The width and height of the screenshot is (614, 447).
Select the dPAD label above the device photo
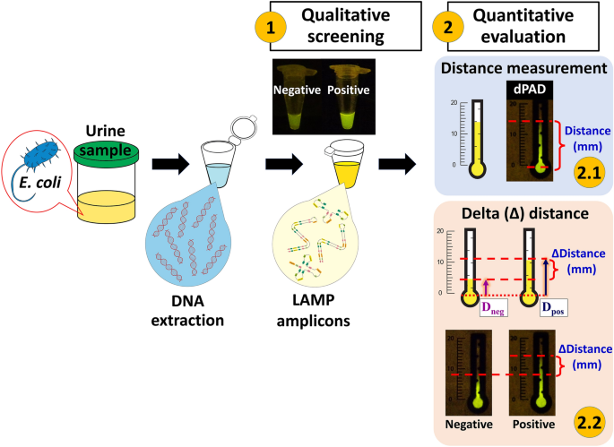pyautogui.click(x=521, y=90)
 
